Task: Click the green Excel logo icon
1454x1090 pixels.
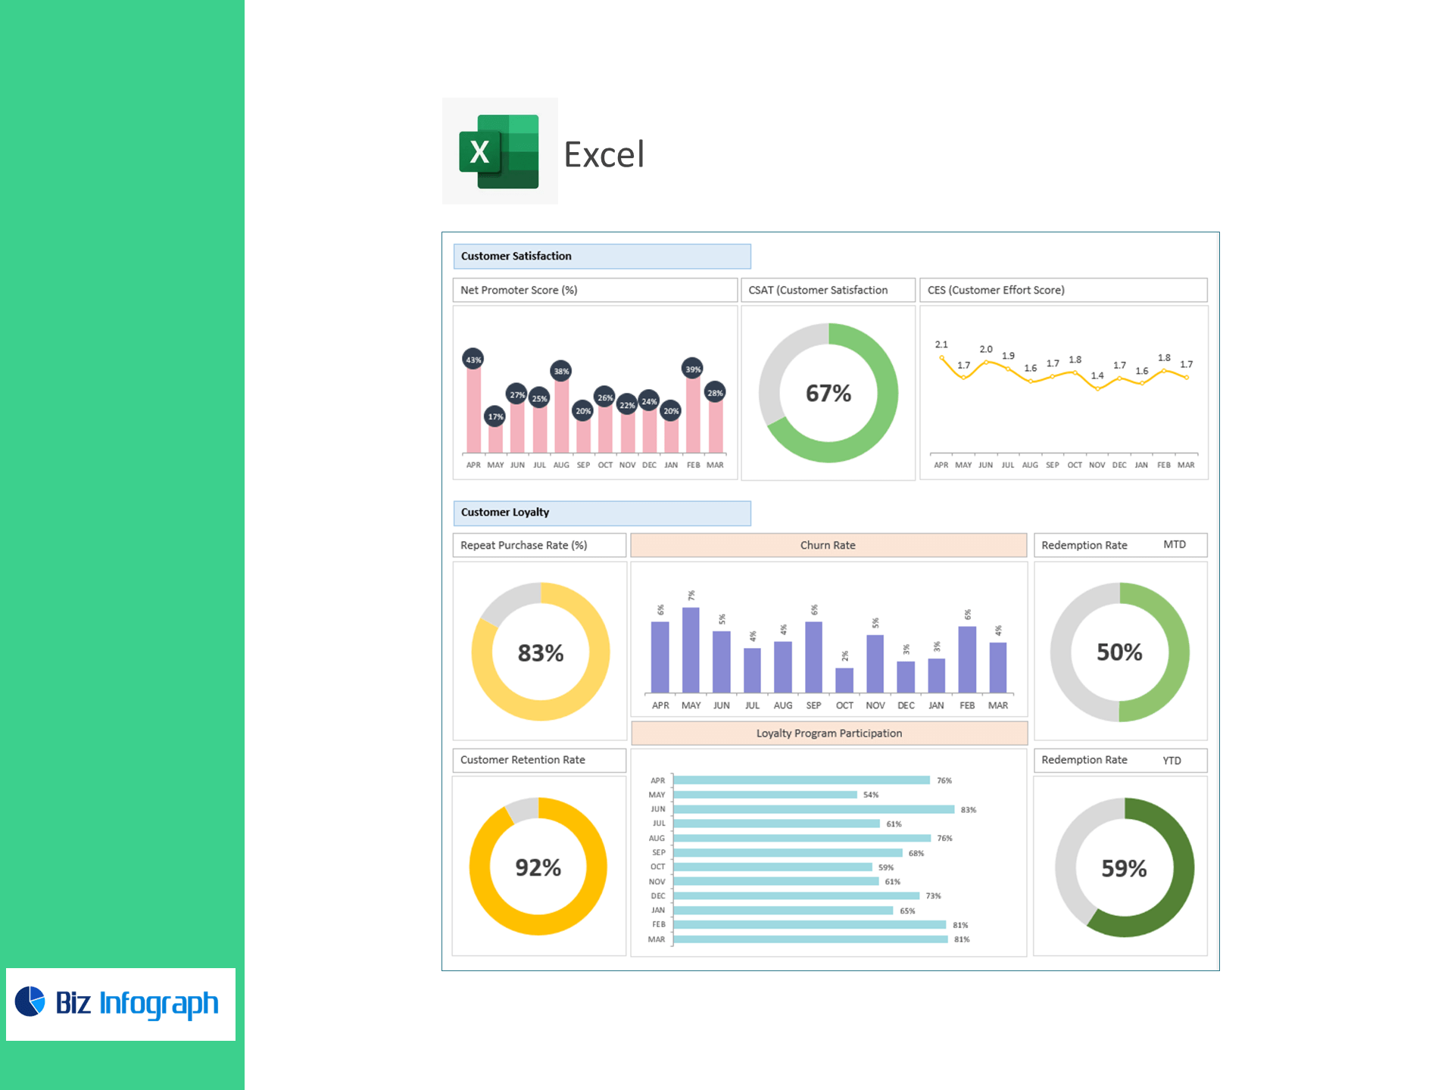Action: pos(499,151)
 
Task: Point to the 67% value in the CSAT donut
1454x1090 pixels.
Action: pos(828,394)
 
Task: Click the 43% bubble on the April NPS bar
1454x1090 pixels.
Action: pos(473,360)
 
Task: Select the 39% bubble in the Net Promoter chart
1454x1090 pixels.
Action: pos(692,369)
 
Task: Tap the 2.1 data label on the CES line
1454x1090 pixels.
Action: pos(941,344)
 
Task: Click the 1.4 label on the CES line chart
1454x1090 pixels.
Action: pos(1097,375)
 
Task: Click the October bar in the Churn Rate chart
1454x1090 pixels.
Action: pos(844,680)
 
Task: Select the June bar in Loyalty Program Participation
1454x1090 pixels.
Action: pos(813,809)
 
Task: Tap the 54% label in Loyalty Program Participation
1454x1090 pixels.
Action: pos(871,795)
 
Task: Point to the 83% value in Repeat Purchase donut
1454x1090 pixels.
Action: pos(541,652)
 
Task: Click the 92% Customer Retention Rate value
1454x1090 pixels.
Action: pos(538,867)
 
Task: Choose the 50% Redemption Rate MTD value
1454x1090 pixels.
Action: pos(1119,652)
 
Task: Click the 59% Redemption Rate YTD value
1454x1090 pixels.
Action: pos(1124,868)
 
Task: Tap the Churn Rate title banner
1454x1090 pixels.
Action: pos(828,545)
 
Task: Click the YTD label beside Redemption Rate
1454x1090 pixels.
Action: pos(1172,761)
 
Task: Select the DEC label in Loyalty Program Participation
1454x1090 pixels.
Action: pos(657,896)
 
